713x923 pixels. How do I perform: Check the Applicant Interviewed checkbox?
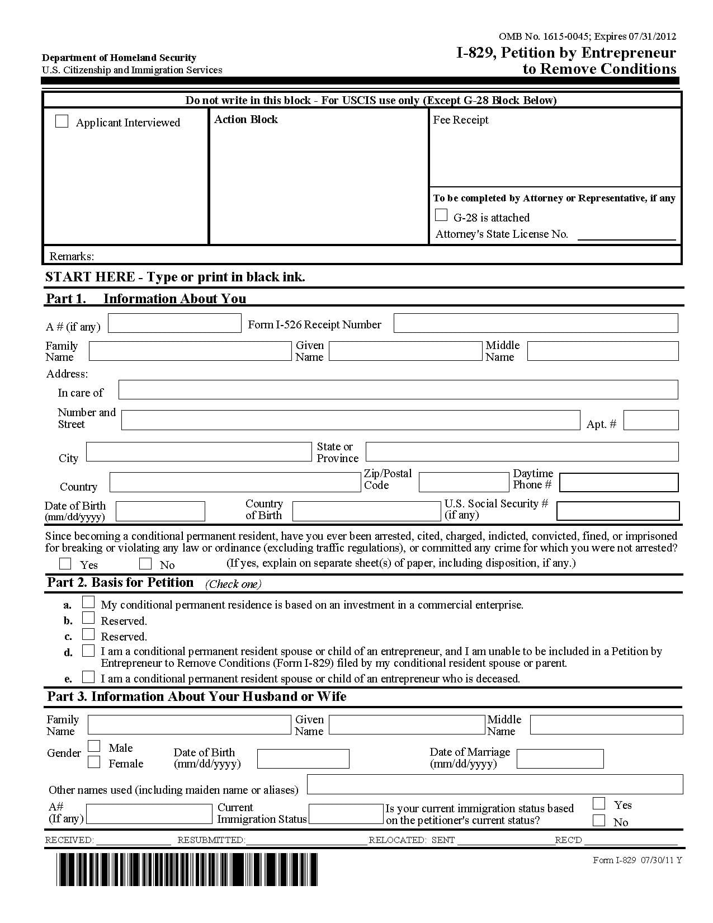[62, 121]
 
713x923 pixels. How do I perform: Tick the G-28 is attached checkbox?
[441, 215]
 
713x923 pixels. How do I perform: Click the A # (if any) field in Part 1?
[174, 323]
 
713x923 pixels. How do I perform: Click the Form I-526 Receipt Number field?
[535, 323]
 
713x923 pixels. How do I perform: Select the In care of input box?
[398, 390]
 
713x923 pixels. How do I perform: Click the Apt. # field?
[650, 420]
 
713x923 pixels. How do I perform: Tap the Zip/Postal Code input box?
[463, 482]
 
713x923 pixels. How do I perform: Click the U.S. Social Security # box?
[618, 511]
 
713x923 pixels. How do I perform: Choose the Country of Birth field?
[366, 511]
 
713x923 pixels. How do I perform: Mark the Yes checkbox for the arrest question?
[65, 563]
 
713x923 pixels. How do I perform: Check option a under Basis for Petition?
[88, 602]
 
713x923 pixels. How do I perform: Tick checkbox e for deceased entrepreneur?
[88, 677]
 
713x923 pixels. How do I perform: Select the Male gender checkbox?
[95, 746]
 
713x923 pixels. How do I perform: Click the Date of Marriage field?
[560, 759]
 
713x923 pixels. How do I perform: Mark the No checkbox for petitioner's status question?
[599, 821]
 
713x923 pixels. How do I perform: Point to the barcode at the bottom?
[187, 869]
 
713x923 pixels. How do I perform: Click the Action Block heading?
[246, 120]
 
